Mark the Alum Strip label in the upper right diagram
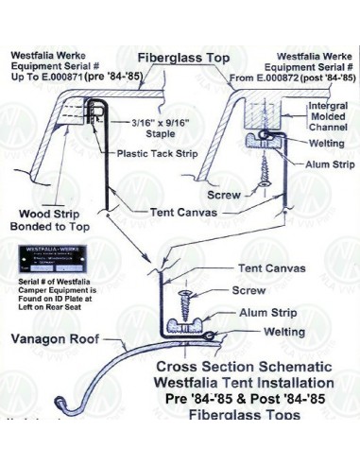(x=323, y=164)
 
